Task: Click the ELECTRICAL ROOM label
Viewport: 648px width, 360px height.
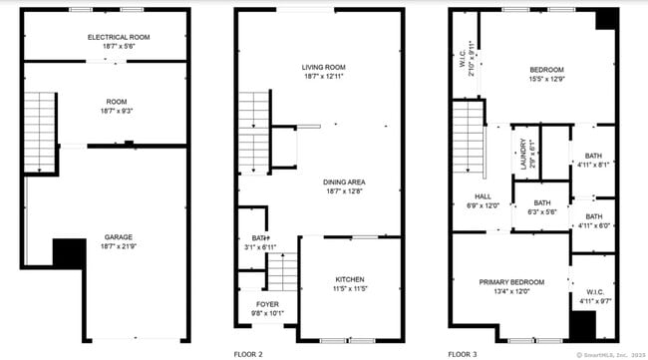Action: [106, 37]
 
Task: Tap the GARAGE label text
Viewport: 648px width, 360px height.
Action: [119, 237]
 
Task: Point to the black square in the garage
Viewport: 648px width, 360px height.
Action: [68, 252]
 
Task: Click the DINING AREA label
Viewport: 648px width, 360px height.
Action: [344, 181]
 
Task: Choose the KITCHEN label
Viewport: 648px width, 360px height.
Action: [349, 278]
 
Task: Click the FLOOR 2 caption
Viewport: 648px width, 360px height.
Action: [249, 353]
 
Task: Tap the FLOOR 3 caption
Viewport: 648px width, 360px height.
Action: [464, 353]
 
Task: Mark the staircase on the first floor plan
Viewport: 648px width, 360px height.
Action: [40, 117]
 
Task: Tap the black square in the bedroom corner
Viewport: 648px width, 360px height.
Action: [605, 20]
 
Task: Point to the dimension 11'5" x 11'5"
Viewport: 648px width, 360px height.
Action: [349, 288]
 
